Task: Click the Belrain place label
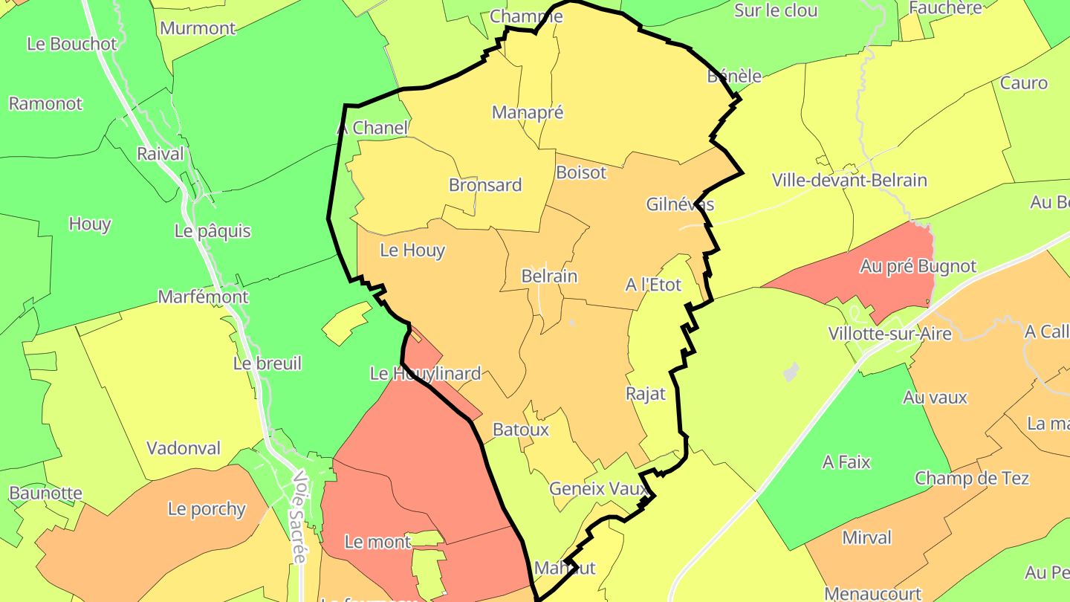(x=549, y=276)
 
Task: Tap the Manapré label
(x=528, y=112)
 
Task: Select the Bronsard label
(x=485, y=185)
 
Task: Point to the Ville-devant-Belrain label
(x=849, y=180)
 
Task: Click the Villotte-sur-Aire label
(x=889, y=334)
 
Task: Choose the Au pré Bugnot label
(x=918, y=266)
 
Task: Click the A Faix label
(x=846, y=462)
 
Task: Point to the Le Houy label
(x=412, y=250)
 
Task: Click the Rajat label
(x=646, y=394)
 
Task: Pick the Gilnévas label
(x=680, y=204)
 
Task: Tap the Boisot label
(x=581, y=172)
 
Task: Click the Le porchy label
(x=207, y=509)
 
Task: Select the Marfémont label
(x=203, y=297)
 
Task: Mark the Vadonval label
(x=184, y=448)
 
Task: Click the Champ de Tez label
(x=971, y=478)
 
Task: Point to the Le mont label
(x=377, y=542)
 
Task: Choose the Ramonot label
(x=45, y=103)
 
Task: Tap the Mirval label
(x=866, y=537)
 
